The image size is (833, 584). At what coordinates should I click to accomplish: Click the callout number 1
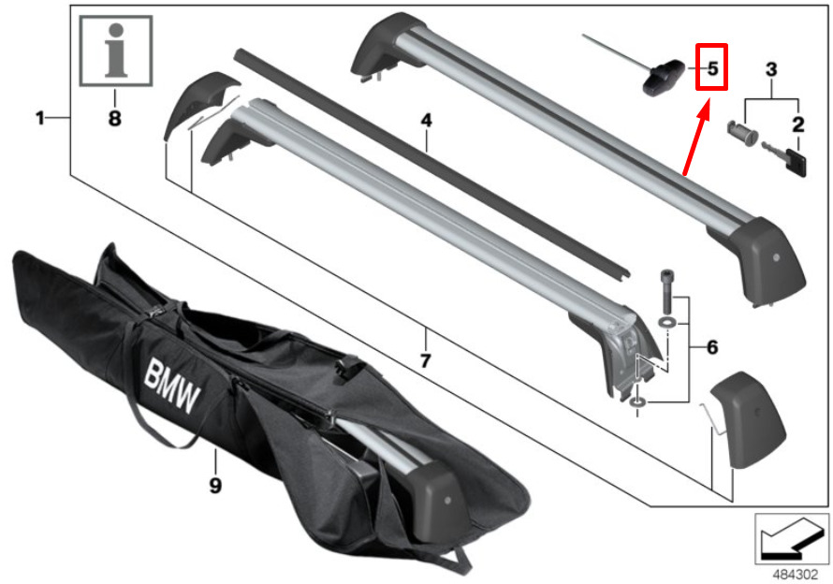click(x=40, y=117)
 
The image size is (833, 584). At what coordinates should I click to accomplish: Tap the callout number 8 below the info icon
click(x=115, y=118)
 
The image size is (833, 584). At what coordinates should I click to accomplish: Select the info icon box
click(x=116, y=51)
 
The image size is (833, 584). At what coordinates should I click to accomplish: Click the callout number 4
click(x=426, y=121)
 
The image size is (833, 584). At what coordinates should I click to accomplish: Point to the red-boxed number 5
click(x=712, y=68)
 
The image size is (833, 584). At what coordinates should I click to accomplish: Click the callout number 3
click(x=771, y=69)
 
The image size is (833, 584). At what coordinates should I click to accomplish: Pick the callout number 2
click(x=798, y=124)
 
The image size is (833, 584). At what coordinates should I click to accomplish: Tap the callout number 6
click(x=712, y=347)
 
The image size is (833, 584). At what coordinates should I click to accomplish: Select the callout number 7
click(x=425, y=361)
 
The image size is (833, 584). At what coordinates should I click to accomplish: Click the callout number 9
click(x=215, y=485)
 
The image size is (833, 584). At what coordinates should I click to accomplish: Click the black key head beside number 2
click(x=796, y=162)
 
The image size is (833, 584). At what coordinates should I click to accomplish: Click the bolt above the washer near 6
click(x=666, y=292)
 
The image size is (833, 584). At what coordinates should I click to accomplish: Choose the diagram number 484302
click(x=795, y=575)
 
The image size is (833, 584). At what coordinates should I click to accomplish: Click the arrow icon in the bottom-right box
click(x=787, y=538)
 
